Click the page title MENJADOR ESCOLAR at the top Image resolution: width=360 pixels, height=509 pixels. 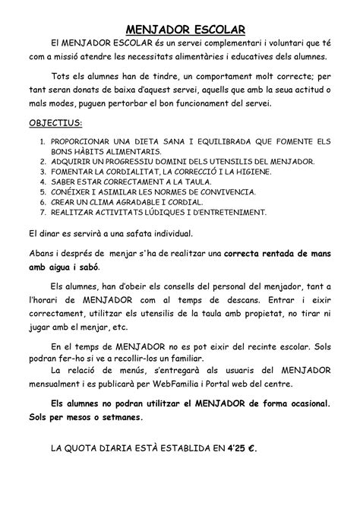coord(179,30)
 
